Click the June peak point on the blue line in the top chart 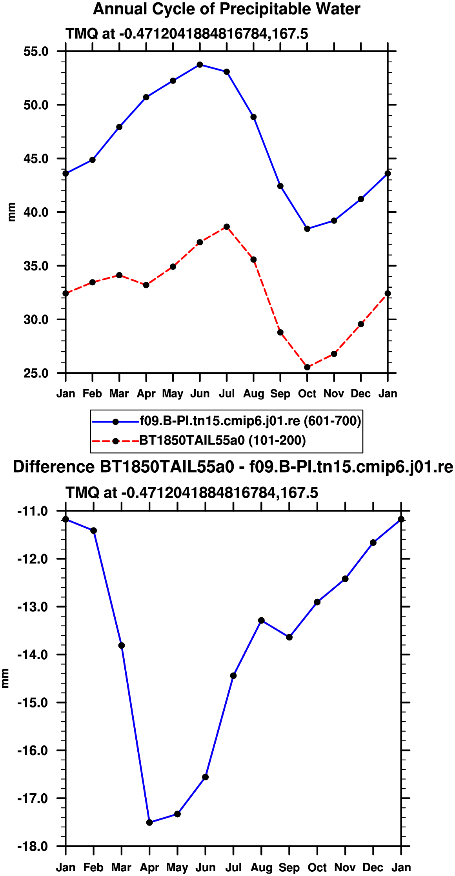pyautogui.click(x=200, y=65)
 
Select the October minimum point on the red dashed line pyautogui.click(x=307, y=367)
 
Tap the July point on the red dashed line pyautogui.click(x=227, y=227)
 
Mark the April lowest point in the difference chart pyautogui.click(x=149, y=822)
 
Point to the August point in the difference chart pyautogui.click(x=261, y=620)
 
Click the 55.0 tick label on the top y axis pyautogui.click(x=36, y=51)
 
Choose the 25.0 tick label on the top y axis pyautogui.click(x=36, y=373)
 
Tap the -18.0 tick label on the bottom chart pyautogui.click(x=33, y=846)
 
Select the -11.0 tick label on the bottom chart pyautogui.click(x=33, y=511)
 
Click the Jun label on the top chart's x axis pyautogui.click(x=200, y=394)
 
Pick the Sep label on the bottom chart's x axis pyautogui.click(x=289, y=868)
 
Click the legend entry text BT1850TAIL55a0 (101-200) pyautogui.click(x=222, y=441)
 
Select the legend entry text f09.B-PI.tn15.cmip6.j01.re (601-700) pyautogui.click(x=250, y=421)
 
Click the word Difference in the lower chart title pyautogui.click(x=54, y=467)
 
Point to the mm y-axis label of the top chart pyautogui.click(x=11, y=212)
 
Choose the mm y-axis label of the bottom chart pyautogui.click(x=5, y=678)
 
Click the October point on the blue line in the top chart pyautogui.click(x=307, y=229)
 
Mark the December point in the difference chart pyautogui.click(x=373, y=543)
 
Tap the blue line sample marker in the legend pyautogui.click(x=115, y=422)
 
